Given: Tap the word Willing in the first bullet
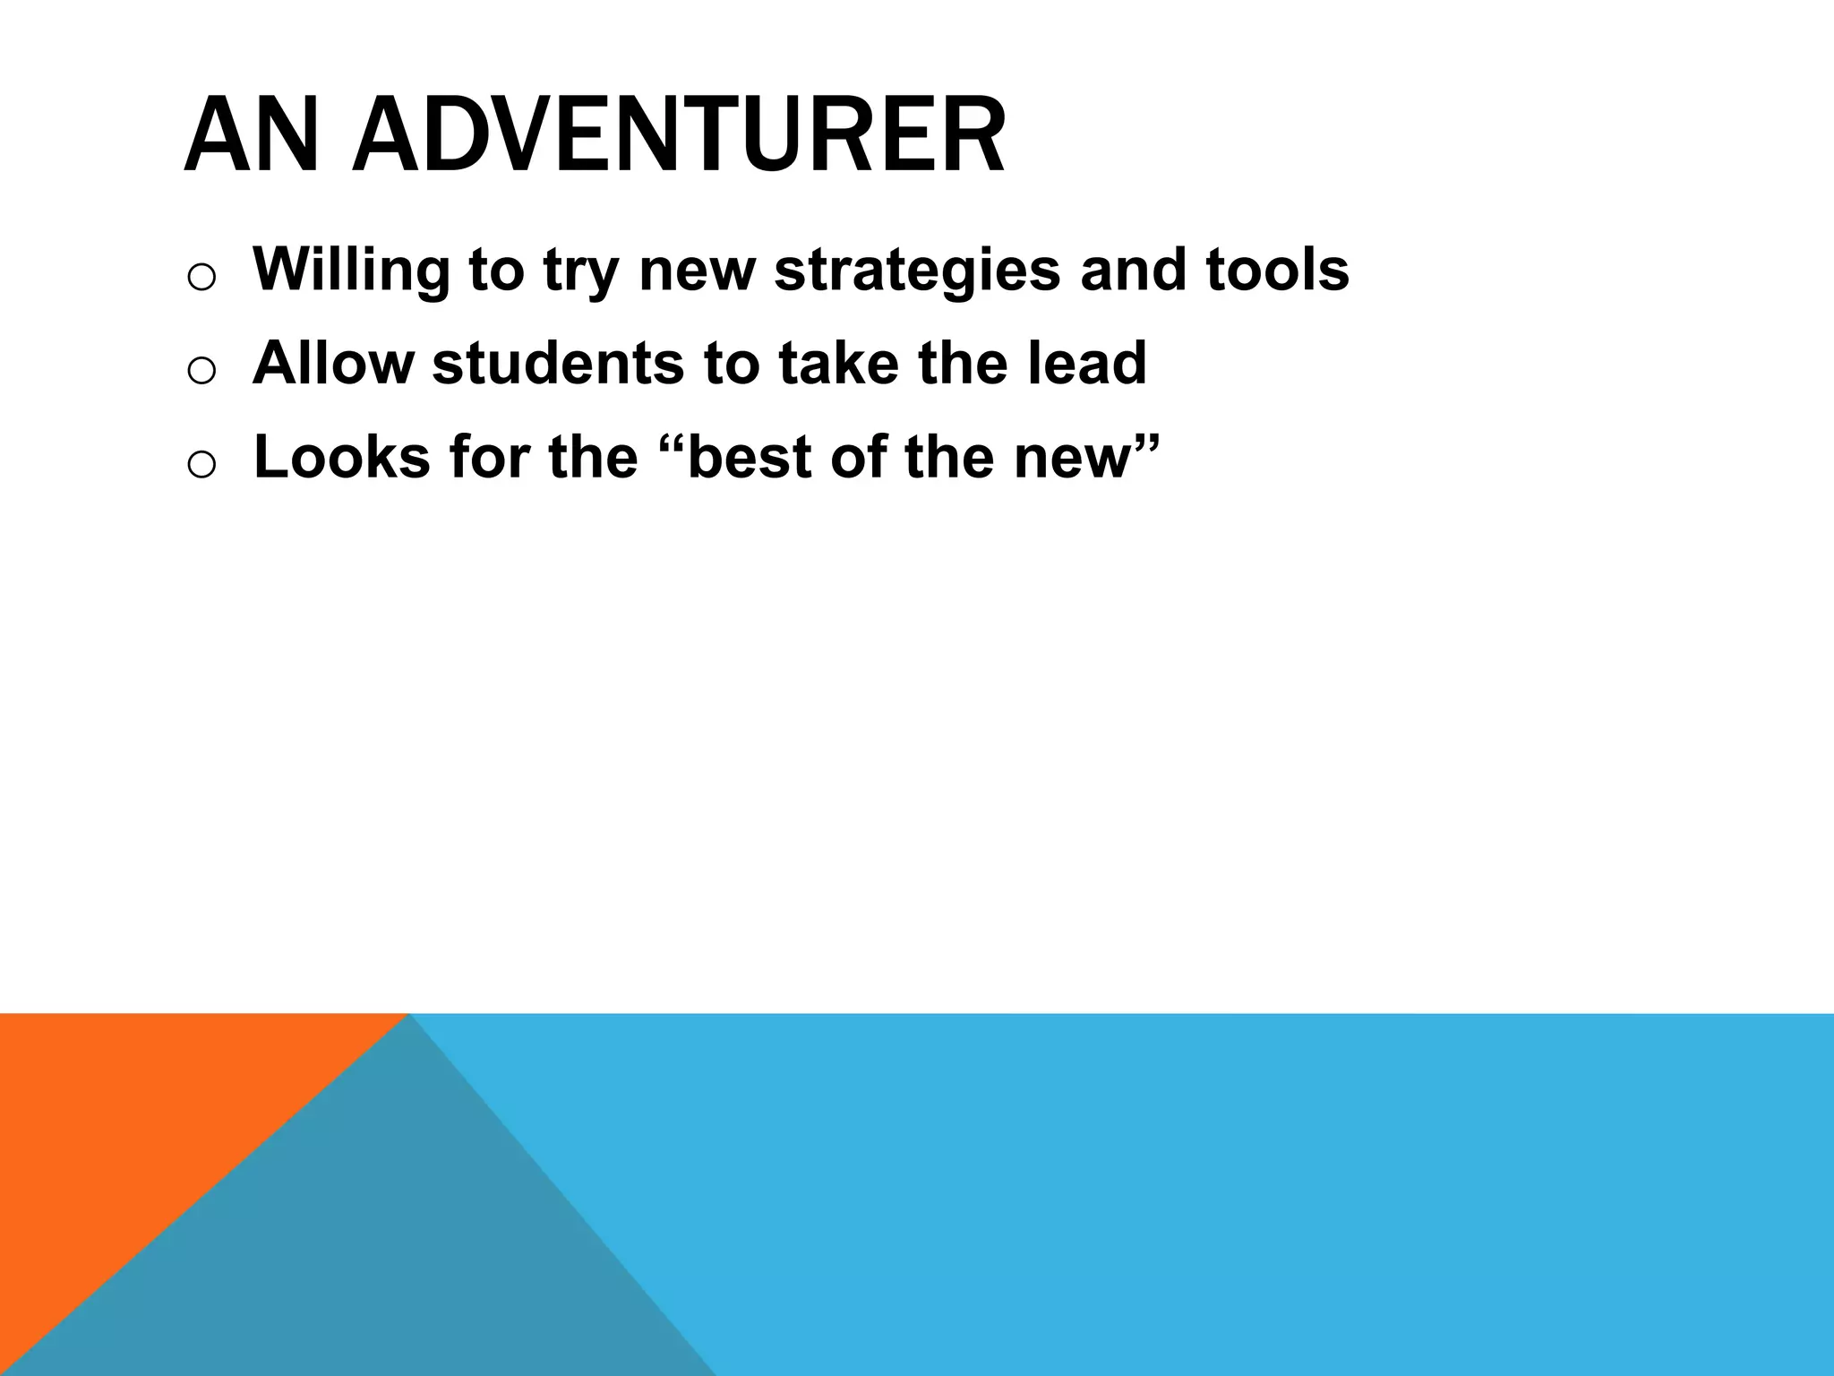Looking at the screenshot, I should pos(350,270).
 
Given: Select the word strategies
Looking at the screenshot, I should pos(917,270).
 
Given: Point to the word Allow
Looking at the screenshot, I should pos(333,363).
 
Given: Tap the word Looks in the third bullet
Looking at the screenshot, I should pos(342,457).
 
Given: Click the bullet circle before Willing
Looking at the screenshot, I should pos(201,277).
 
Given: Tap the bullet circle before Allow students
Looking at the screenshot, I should pos(201,371).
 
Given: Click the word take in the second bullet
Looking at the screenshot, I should pos(838,363).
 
